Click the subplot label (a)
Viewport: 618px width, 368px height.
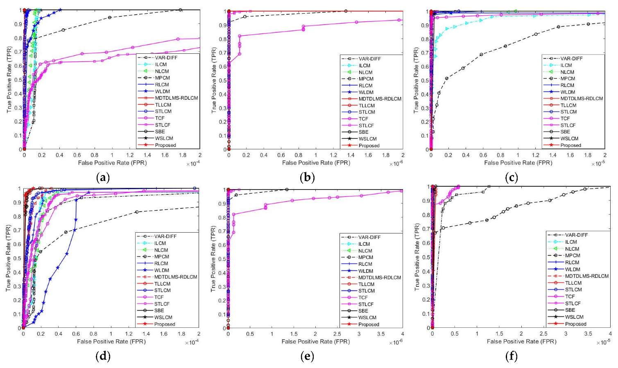click(102, 177)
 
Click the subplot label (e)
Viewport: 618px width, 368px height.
click(307, 356)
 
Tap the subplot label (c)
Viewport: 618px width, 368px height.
click(511, 177)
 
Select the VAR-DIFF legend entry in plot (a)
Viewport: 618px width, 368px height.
click(166, 57)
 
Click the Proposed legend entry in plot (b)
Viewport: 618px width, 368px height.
click(369, 146)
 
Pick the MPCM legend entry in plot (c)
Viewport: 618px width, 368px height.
click(568, 78)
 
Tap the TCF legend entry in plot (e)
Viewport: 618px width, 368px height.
click(363, 297)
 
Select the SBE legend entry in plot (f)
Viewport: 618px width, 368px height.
click(570, 310)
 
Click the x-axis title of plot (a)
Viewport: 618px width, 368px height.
click(112, 163)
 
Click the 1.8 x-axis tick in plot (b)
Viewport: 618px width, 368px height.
click(385, 155)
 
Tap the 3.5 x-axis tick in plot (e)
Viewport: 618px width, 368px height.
click(381, 334)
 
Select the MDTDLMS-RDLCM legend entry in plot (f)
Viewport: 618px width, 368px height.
click(586, 276)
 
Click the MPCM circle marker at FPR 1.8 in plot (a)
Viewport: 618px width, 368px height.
click(181, 10)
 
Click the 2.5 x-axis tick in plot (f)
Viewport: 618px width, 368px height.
click(543, 334)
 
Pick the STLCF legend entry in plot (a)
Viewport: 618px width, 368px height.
click(162, 125)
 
